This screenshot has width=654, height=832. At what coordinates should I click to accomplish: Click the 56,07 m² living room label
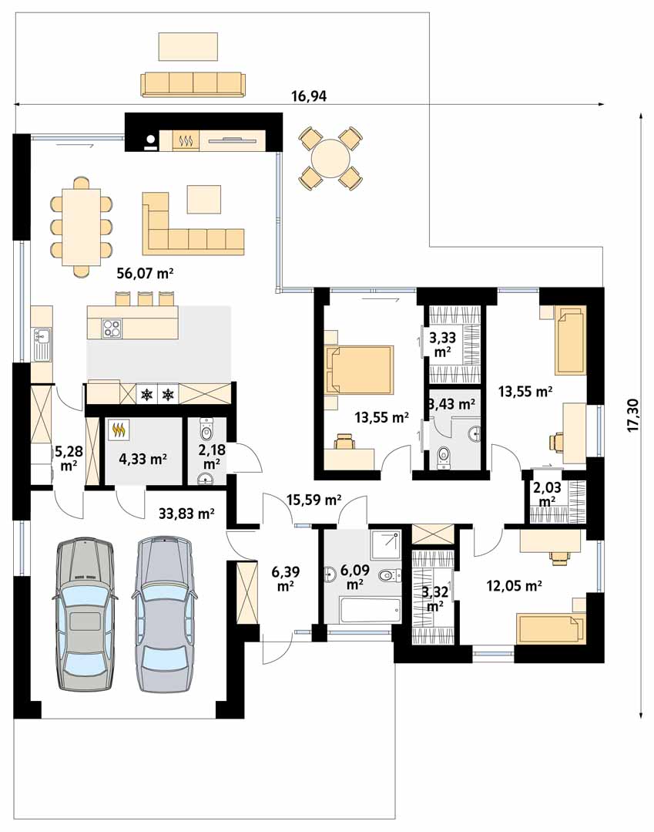click(146, 274)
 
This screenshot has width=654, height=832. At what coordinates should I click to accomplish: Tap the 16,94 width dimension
click(309, 96)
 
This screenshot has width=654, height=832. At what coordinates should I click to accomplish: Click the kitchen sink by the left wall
click(42, 342)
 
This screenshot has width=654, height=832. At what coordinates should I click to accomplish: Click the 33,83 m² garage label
click(186, 513)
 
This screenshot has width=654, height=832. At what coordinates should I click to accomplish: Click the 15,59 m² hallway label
click(314, 500)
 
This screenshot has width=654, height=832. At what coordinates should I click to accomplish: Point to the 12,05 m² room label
click(514, 586)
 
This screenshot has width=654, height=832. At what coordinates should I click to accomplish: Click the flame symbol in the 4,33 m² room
click(119, 429)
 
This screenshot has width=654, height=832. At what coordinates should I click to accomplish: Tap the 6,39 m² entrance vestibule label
click(286, 578)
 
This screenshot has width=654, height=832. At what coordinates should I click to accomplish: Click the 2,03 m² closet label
click(547, 494)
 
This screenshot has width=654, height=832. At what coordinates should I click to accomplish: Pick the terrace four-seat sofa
click(193, 85)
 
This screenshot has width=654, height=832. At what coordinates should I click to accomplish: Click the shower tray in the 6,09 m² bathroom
click(386, 544)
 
